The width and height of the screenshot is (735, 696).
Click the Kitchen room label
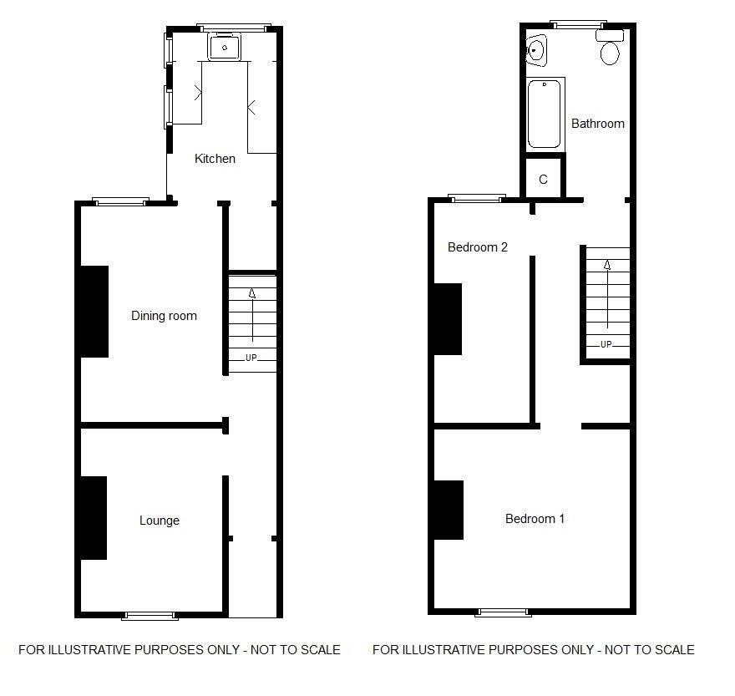click(215, 159)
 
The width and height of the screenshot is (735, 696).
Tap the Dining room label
click(164, 316)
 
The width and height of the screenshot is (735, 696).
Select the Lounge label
click(160, 521)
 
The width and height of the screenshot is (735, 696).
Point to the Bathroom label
click(598, 124)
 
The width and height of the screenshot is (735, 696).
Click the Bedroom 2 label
click(478, 247)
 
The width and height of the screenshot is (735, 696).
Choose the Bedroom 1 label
click(535, 519)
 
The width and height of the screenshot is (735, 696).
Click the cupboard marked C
click(543, 178)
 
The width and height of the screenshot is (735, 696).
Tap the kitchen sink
click(225, 47)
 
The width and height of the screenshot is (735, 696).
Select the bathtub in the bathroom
click(545, 114)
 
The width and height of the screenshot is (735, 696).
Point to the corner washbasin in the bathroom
click(535, 50)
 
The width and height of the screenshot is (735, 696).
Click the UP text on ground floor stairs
click(251, 358)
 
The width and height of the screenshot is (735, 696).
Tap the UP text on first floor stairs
click(606, 344)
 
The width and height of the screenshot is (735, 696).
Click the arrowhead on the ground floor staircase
click(252, 293)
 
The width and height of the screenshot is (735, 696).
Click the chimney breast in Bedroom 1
click(449, 510)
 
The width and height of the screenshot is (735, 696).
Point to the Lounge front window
click(150, 615)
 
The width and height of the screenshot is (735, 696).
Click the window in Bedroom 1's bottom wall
click(503, 612)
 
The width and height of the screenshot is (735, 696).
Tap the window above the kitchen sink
click(233, 28)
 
